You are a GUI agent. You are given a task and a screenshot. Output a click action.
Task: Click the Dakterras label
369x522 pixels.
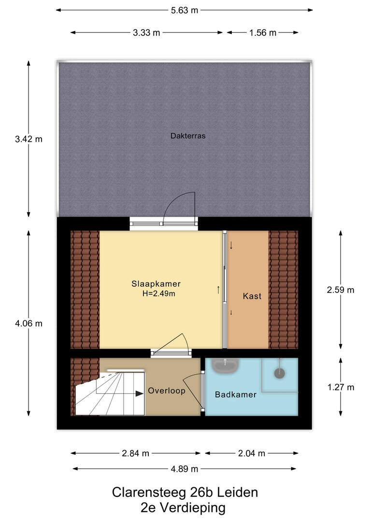click(x=188, y=136)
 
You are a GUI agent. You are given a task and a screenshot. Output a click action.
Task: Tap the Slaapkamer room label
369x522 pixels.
click(x=156, y=284)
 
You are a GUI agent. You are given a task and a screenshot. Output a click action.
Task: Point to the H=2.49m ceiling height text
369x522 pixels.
click(x=159, y=294)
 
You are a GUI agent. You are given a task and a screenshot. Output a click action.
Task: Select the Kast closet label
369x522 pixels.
click(x=252, y=296)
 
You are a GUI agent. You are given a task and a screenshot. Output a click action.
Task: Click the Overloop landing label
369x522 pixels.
click(x=167, y=391)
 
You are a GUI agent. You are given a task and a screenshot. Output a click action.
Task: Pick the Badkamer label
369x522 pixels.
click(x=236, y=395)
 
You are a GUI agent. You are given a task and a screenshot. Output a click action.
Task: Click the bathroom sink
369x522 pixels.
click(x=225, y=365)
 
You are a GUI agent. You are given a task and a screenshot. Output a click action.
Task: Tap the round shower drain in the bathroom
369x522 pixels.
click(x=280, y=373)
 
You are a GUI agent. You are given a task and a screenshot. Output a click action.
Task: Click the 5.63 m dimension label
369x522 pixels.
click(x=184, y=10)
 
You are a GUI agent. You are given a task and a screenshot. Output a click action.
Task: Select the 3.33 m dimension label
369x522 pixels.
click(x=146, y=33)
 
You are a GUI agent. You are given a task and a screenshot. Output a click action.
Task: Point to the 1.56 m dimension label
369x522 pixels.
click(x=263, y=33)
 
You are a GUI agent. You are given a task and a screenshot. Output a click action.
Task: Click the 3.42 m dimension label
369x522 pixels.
click(x=28, y=139)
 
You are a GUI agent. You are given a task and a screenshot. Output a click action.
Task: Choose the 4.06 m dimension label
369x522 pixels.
click(x=28, y=323)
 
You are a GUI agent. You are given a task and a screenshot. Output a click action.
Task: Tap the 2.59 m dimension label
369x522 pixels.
click(x=341, y=290)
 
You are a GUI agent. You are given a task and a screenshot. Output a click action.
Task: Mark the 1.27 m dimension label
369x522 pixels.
click(x=341, y=387)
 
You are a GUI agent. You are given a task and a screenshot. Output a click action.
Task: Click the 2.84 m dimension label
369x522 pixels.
click(x=135, y=453)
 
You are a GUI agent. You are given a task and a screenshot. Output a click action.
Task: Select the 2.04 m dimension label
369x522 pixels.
click(x=252, y=453)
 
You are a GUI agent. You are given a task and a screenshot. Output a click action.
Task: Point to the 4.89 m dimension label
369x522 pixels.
click(x=184, y=469)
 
